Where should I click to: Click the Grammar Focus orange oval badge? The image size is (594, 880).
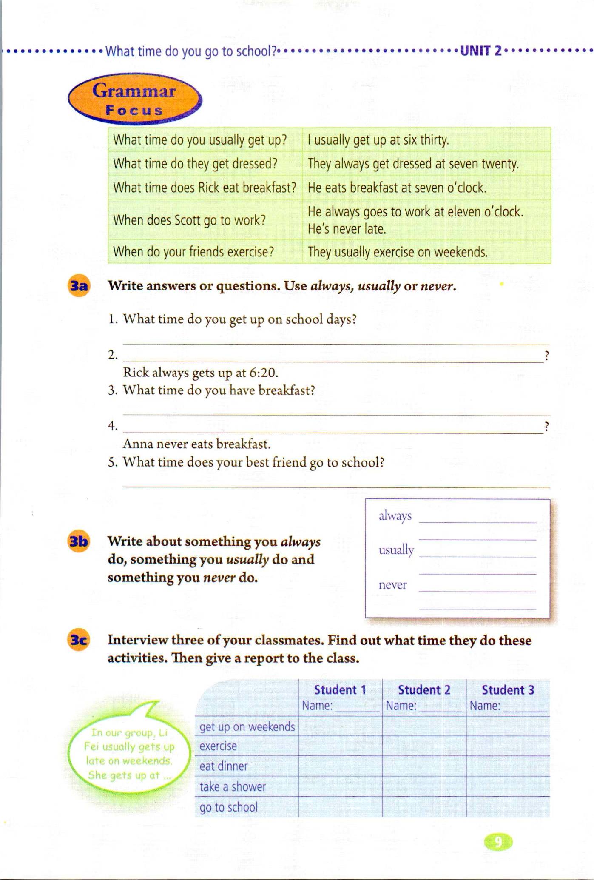134,100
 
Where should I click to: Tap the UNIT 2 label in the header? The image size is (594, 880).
480,51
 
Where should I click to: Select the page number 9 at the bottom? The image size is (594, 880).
498,842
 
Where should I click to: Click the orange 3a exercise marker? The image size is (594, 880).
79,286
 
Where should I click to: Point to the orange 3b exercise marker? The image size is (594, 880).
79,542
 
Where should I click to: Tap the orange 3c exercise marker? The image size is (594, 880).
79,641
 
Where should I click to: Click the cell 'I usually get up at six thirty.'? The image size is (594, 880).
378,140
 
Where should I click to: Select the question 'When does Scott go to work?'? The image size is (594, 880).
189,220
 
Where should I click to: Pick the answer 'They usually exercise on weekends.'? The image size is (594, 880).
397,252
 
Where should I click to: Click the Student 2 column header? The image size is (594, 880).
423,690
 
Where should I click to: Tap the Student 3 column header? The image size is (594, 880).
507,690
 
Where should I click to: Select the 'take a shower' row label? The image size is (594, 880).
233,787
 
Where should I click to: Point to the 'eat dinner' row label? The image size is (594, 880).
224,766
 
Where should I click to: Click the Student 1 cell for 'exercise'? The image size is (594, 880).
340,746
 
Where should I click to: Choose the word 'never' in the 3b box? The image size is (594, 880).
392,585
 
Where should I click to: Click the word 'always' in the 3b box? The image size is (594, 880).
395,516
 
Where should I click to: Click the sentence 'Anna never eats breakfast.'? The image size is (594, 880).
196,444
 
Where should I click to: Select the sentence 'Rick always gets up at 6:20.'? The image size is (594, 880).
200,373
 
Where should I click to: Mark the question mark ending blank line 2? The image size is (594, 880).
547,355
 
